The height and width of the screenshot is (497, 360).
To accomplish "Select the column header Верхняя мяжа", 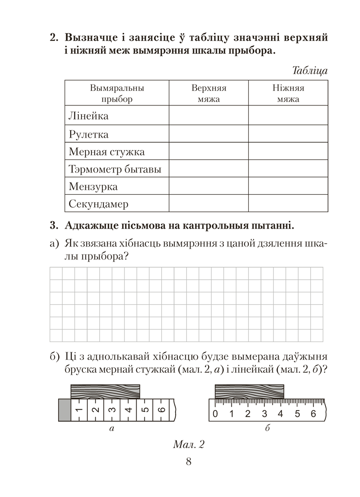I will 209,93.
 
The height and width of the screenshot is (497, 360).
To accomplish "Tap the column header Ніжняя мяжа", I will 288,93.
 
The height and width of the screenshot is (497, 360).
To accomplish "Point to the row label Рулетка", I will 88,134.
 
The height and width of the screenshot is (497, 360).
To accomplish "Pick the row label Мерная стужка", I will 107,152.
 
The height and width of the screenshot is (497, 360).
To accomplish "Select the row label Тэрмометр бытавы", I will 115,169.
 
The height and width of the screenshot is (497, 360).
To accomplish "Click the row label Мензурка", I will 93,187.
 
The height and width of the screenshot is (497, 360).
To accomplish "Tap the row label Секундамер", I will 98,204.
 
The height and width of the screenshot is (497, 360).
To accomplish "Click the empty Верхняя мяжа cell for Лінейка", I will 209,116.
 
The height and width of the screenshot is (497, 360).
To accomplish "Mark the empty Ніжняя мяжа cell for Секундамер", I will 288,204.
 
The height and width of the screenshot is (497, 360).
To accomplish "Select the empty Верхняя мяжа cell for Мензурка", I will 209,187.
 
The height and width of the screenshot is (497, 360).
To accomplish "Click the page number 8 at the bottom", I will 188,462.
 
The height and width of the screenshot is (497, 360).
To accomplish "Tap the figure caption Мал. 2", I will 189,444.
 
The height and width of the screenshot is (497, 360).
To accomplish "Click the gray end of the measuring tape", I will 65,411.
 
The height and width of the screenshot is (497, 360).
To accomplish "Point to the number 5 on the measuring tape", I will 145,411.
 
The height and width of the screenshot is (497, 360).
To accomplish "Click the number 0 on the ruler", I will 215,414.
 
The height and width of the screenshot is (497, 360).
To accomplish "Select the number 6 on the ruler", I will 313,414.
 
